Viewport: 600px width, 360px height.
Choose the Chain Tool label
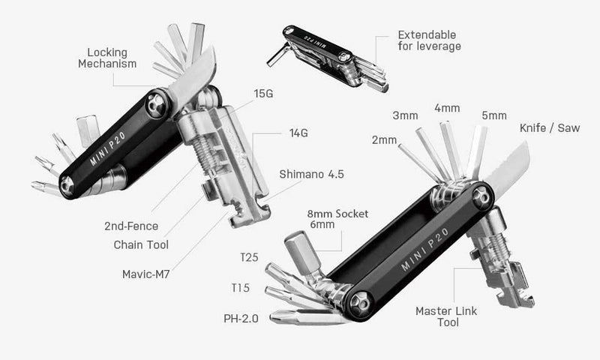point(141,244)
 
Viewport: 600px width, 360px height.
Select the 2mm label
point(383,141)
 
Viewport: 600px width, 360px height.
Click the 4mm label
point(447,108)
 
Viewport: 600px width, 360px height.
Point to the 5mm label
point(493,115)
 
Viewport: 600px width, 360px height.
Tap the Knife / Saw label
point(550,128)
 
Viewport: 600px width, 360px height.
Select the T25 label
point(249,258)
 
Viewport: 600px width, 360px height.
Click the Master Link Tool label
point(448,316)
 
